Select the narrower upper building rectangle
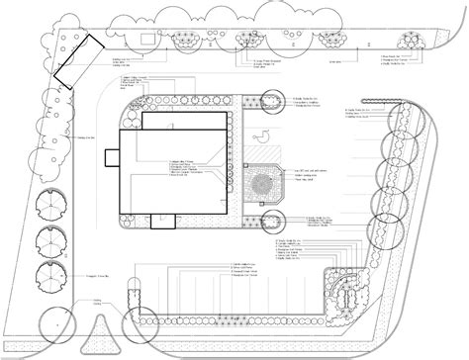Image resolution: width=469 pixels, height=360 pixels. tap(188, 123)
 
